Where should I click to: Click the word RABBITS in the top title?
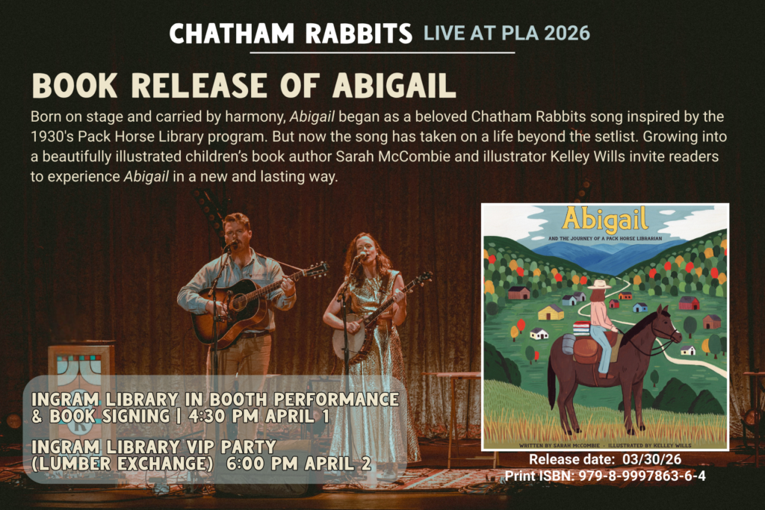click(x=359, y=34)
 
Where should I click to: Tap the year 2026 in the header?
click(x=567, y=33)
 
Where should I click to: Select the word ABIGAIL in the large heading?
click(x=394, y=86)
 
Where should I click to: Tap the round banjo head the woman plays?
click(x=350, y=340)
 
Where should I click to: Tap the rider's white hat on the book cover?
click(x=600, y=284)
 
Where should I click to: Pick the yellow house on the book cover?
click(x=551, y=312)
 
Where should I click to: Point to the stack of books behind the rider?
click(x=581, y=328)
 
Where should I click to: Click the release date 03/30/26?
click(x=651, y=459)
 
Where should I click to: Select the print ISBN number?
click(x=642, y=476)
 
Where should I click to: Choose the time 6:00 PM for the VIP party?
click(x=261, y=464)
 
